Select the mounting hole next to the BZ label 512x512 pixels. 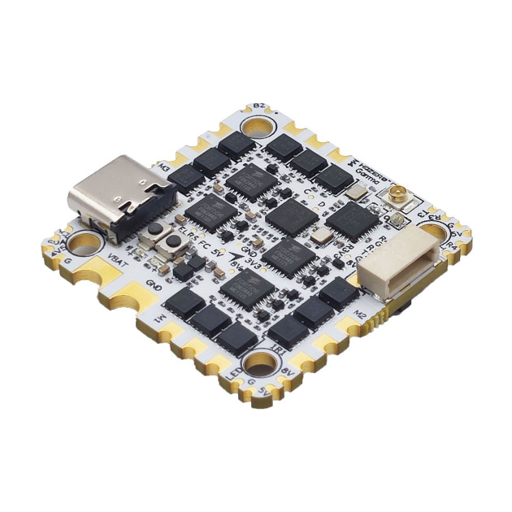click(258, 127)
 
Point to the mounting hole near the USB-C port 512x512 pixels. click(83, 242)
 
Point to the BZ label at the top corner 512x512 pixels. click(259, 106)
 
